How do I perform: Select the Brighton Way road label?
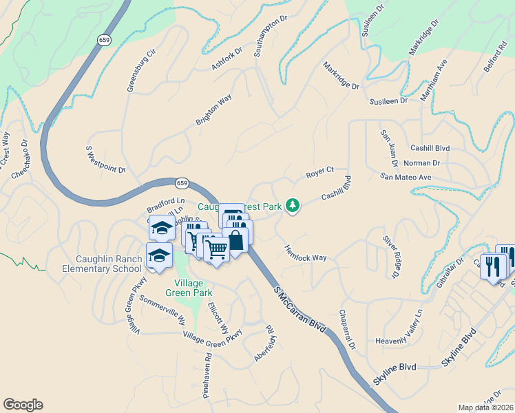(213, 110)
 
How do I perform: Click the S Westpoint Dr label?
(105, 159)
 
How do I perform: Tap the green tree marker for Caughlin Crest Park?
(293, 205)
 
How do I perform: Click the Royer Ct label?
(319, 171)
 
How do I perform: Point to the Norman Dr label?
(421, 163)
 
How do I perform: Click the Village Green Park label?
(184, 288)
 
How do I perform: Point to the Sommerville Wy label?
(162, 310)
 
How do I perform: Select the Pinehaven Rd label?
(207, 376)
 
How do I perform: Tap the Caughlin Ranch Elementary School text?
(109, 264)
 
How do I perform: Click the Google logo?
(23, 405)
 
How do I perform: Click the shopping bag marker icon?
(235, 240)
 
